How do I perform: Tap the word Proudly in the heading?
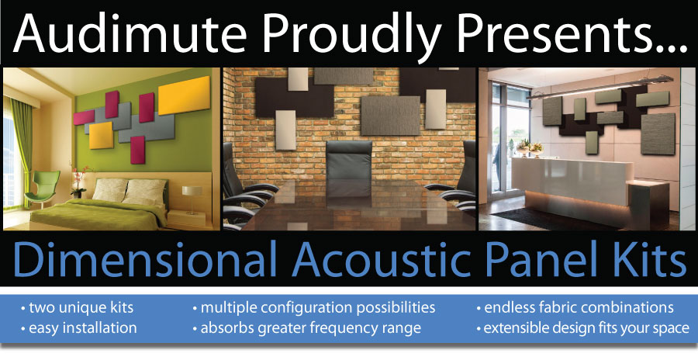(353, 34)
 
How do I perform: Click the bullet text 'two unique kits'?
(78, 308)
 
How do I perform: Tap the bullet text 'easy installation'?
(79, 328)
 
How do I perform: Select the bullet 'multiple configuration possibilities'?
(314, 308)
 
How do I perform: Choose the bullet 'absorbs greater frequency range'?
(306, 328)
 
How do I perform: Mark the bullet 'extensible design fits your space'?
(583, 328)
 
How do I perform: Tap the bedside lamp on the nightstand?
(192, 199)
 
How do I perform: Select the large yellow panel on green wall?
(184, 95)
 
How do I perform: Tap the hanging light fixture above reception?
(600, 87)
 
